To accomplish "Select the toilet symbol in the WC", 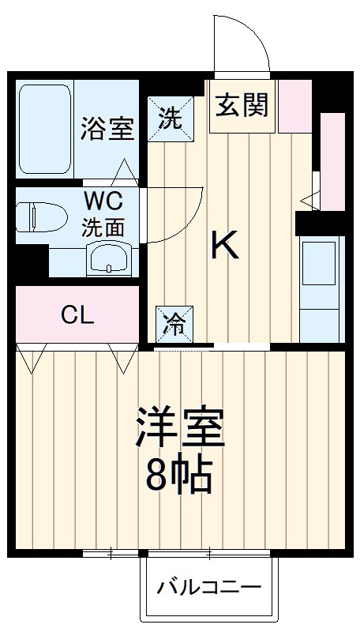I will tap(36, 217).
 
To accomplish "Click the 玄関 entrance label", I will tap(242, 105).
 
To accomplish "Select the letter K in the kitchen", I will tap(225, 246).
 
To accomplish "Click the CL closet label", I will tap(77, 316).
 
